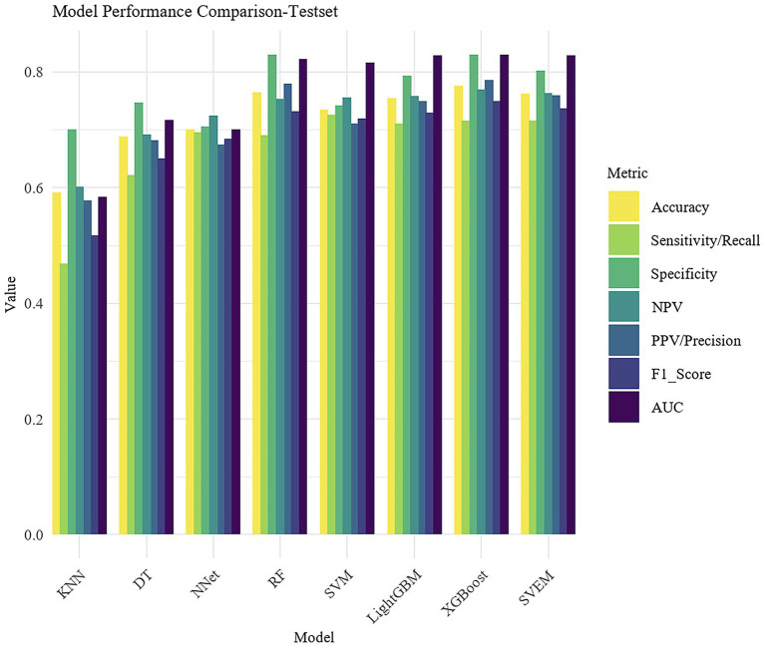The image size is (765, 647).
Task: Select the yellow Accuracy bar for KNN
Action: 57,364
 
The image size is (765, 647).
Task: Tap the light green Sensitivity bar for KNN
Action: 65,399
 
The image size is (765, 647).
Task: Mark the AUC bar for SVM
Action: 370,299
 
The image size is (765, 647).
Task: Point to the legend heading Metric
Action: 629,173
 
